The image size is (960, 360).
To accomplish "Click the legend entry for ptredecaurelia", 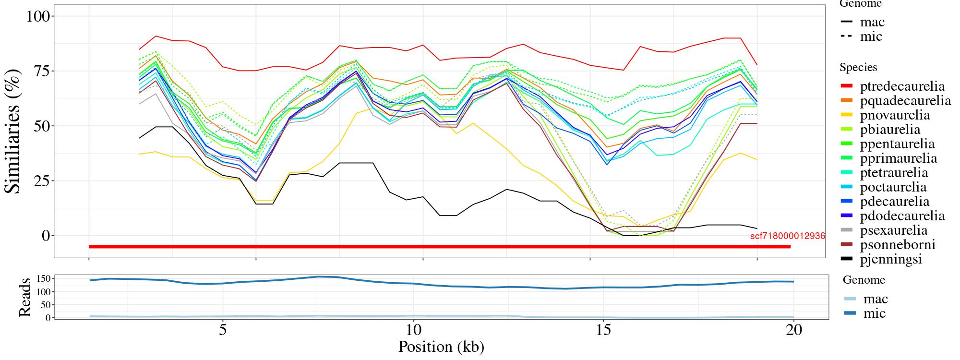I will click(902, 86).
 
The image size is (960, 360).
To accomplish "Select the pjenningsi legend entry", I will click(891, 259).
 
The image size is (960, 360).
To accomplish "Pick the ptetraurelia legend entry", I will click(894, 173).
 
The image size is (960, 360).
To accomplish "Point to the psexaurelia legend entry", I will click(894, 230).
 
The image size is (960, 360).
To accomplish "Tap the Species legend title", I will click(858, 68).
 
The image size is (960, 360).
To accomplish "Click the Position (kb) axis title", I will click(441, 347).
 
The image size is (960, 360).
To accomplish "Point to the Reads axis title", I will click(24, 297).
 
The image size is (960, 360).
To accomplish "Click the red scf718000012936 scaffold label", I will click(787, 236).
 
